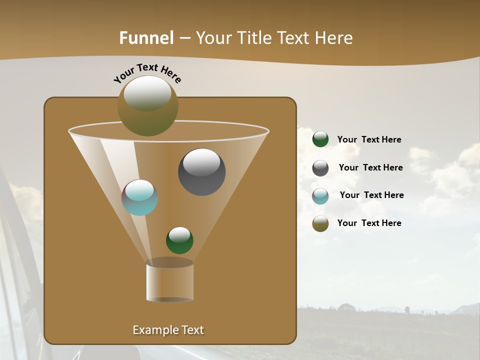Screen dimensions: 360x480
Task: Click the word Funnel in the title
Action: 146,38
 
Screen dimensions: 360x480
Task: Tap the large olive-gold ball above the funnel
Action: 147,106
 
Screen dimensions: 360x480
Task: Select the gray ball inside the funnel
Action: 201,172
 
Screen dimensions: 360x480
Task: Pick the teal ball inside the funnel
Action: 139,197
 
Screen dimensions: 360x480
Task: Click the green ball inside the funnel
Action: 179,240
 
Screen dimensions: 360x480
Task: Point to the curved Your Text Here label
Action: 147,72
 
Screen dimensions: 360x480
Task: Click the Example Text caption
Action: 168,330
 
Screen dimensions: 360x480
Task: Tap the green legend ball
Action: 320,139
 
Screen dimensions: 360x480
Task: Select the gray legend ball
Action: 320,168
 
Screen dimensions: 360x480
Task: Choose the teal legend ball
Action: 320,196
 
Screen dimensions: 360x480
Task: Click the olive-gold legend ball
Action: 320,223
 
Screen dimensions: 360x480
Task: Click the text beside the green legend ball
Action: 369,140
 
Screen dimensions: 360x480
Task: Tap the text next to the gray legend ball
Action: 370,168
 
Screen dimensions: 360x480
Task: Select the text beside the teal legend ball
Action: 371,195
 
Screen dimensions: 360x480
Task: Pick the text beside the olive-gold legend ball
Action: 369,223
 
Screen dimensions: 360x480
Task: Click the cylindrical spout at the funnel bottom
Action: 169,281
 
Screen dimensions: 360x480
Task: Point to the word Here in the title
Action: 333,38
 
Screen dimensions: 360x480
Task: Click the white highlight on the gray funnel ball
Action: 201,162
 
